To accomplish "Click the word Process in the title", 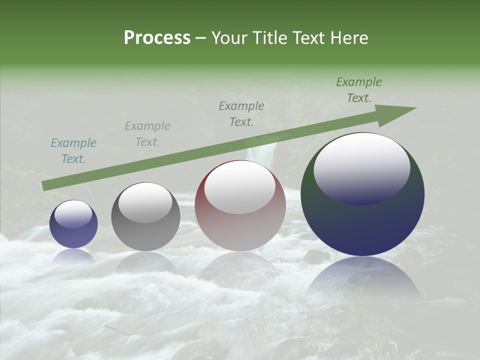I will tap(157, 38).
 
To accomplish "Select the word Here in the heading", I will tap(349, 38).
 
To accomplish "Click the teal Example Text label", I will tap(73, 151).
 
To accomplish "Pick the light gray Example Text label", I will tap(147, 134).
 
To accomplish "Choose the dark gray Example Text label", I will tap(241, 114).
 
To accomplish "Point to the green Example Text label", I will tap(358, 90).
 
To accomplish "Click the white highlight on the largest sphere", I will tap(361, 167).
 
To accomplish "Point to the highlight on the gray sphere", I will tap(145, 202).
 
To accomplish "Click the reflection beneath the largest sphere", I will tap(363, 280).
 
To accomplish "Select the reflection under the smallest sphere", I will tap(73, 256).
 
